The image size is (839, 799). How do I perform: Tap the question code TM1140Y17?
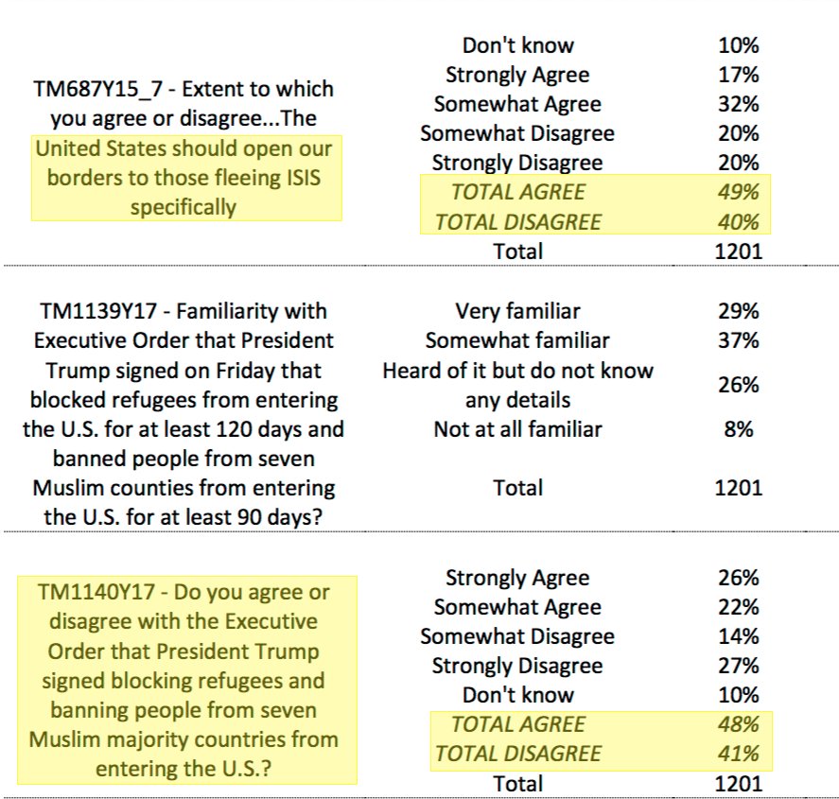100,593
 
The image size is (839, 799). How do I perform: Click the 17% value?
738,75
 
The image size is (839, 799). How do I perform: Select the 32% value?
738,104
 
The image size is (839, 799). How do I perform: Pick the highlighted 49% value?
738,193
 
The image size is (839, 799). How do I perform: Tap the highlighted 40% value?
738,222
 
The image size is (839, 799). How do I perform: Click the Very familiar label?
517,311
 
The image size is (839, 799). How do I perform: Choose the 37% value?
738,340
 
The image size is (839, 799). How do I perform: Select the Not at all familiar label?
517,429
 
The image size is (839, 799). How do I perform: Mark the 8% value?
738,429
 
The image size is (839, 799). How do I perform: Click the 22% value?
738,607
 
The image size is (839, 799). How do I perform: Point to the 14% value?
738,636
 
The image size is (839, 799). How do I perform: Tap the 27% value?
738,666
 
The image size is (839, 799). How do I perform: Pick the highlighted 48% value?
738,725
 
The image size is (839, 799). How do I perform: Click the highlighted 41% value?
738,754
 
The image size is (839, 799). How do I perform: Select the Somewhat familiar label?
517,340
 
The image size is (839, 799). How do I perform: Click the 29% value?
738,311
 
